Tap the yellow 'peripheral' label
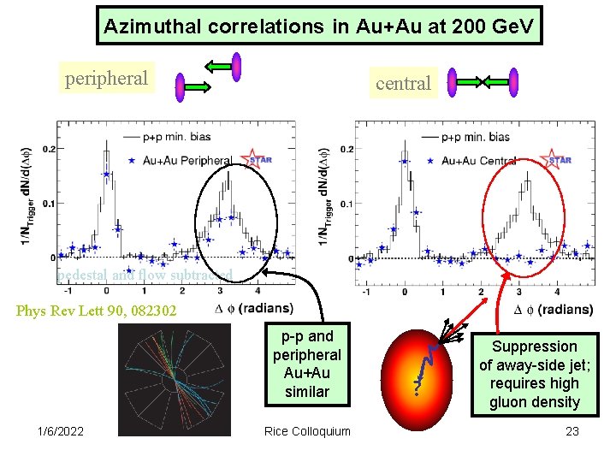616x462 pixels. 106,79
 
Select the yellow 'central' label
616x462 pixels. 404,83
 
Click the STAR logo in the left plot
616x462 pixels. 258,159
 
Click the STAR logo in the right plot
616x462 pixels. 558,160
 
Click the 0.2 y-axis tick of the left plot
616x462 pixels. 48,149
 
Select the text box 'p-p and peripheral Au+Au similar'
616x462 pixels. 306,364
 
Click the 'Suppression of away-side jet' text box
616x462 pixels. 536,374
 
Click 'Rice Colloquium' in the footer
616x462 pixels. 307,431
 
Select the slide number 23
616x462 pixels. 572,431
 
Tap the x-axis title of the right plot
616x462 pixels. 553,309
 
